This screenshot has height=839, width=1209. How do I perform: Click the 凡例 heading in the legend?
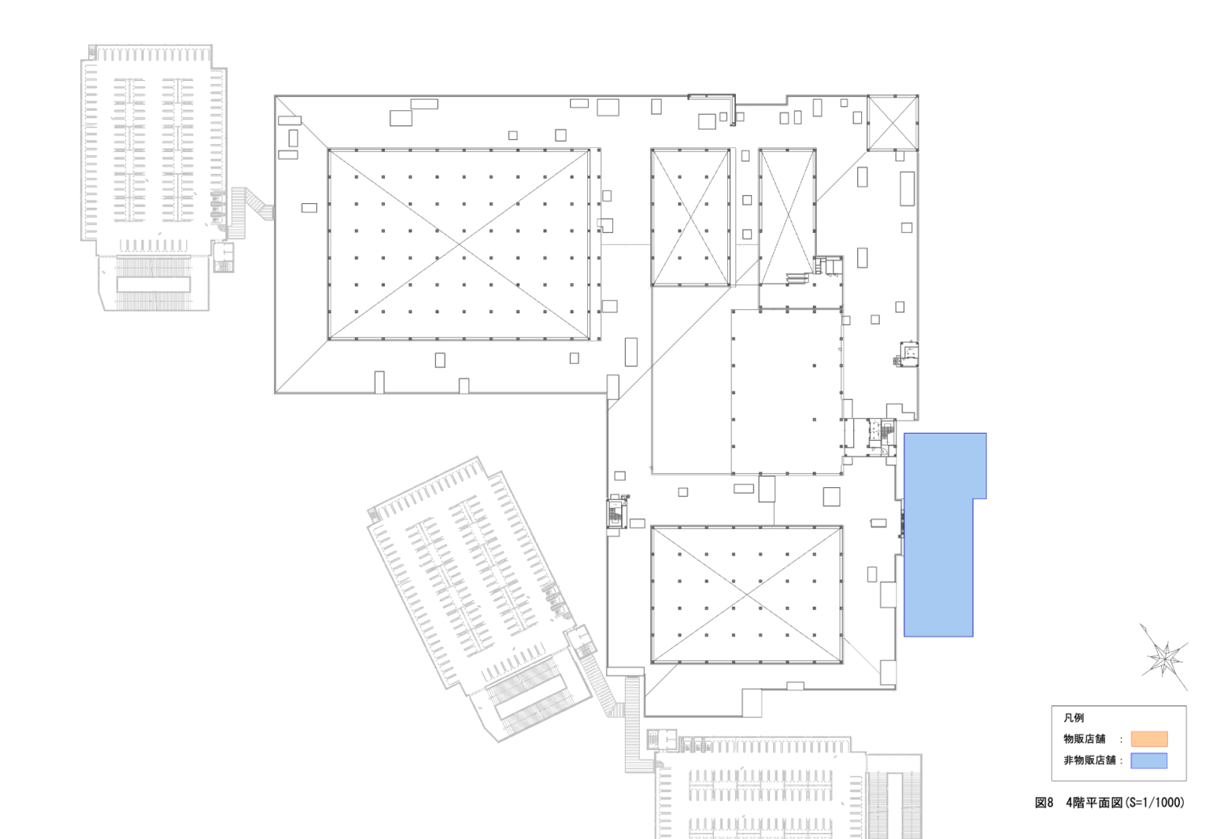1074,718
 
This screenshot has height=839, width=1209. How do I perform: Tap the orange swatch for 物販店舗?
1149,738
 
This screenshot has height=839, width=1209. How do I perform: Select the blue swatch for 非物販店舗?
1149,760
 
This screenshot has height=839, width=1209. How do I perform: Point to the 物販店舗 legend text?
1085,738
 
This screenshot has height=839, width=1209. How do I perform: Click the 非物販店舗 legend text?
1089,760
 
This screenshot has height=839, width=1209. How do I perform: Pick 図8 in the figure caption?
1044,803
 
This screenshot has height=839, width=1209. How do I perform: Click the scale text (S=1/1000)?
1154,803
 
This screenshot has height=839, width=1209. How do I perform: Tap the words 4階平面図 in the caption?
1094,803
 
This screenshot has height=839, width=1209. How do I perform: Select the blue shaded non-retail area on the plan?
938,534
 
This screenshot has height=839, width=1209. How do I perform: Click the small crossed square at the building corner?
893,123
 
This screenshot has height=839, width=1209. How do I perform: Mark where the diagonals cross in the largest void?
460,245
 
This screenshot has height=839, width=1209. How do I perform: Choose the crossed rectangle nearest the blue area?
746,594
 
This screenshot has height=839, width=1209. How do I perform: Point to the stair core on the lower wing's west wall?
616,513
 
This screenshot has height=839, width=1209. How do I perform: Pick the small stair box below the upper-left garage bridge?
223,257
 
